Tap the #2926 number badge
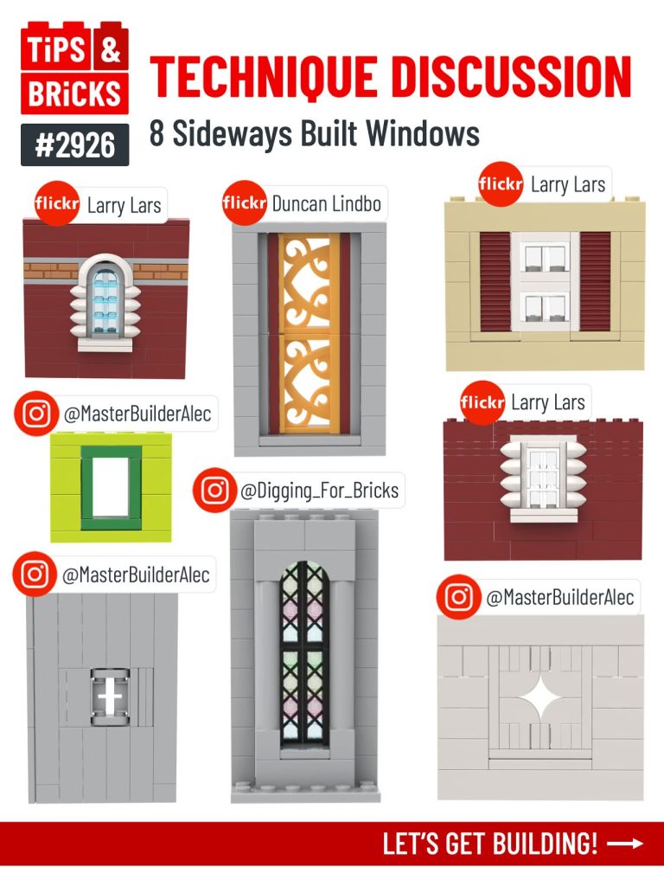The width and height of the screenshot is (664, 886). point(75,144)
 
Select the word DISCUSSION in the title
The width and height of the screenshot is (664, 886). point(511,77)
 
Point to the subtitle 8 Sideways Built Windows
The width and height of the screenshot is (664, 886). point(314,134)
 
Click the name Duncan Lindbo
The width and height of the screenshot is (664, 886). point(326,204)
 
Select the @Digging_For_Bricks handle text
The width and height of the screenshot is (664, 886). point(319,491)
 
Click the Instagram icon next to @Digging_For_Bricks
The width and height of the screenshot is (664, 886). point(215,491)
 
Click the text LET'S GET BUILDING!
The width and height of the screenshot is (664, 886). point(490,844)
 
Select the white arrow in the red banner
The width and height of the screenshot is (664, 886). point(626,844)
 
